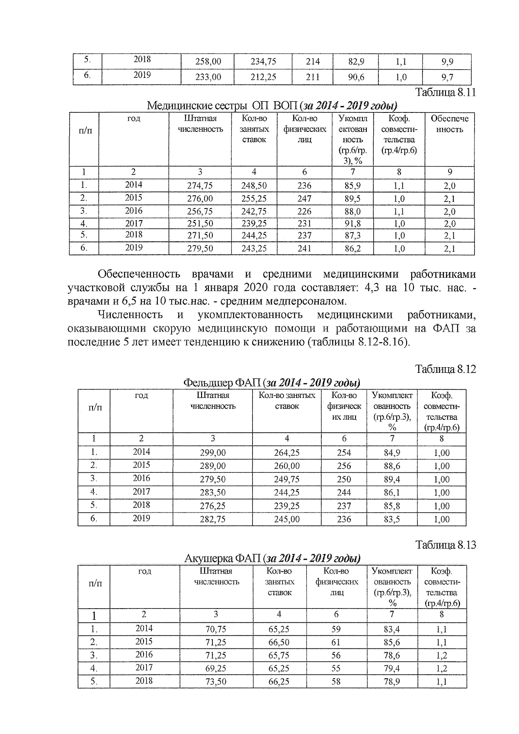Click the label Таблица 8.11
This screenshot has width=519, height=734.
[445, 93]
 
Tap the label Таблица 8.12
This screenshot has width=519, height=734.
[445, 369]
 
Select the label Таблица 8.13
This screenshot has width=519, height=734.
[445, 545]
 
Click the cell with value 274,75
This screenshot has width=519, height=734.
[200, 186]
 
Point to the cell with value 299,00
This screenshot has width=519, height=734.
[212, 453]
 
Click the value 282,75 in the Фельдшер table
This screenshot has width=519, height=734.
[212, 519]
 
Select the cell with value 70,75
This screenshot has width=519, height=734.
[215, 629]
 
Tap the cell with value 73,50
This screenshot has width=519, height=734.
[215, 682]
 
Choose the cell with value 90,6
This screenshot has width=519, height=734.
[356, 77]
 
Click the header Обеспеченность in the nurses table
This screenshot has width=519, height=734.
[449, 124]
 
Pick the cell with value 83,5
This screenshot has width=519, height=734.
[392, 519]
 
